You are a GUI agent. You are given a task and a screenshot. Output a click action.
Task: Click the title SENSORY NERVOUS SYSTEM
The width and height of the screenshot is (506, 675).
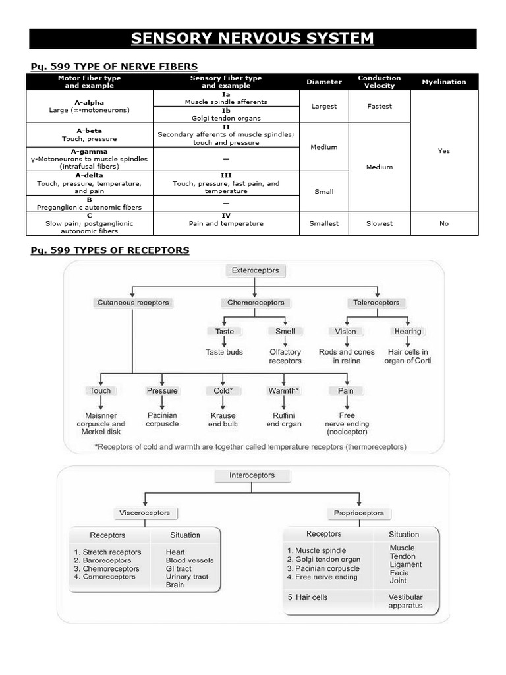click(x=252, y=38)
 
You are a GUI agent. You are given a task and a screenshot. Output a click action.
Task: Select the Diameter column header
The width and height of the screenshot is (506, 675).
click(x=324, y=82)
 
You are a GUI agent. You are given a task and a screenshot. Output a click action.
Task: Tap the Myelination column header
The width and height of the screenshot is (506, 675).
click(x=443, y=82)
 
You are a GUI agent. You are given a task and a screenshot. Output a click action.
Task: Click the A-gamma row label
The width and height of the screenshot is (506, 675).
click(x=90, y=152)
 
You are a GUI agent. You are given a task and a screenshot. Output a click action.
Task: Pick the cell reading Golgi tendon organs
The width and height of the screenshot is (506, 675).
click(x=226, y=118)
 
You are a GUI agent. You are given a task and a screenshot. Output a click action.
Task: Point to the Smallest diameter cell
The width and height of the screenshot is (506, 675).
click(x=324, y=223)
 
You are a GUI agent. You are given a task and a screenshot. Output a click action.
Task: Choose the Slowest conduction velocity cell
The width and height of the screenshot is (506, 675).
click(x=379, y=223)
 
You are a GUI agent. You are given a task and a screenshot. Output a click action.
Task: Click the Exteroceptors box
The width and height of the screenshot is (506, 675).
click(x=255, y=270)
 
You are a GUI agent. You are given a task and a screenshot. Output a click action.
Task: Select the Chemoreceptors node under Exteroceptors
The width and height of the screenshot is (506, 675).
click(x=255, y=303)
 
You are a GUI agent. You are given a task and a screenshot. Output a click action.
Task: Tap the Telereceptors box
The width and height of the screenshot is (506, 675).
click(x=376, y=303)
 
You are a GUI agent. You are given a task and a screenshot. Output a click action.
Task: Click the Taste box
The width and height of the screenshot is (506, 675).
click(x=224, y=331)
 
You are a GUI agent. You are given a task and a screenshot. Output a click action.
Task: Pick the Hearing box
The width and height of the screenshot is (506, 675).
click(x=407, y=331)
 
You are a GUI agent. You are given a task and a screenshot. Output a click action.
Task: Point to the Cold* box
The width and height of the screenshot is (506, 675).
click(x=223, y=390)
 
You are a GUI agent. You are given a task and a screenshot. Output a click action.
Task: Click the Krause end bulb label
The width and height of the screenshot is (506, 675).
click(x=223, y=420)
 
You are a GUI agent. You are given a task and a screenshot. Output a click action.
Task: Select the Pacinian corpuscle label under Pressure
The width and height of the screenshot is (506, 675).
click(x=162, y=420)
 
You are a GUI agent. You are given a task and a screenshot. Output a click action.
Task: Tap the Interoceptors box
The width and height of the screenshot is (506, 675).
click(x=252, y=475)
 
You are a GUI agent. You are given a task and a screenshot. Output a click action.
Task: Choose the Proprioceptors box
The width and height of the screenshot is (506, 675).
click(x=359, y=512)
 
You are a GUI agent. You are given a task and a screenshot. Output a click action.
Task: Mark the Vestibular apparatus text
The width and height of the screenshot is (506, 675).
click(x=406, y=601)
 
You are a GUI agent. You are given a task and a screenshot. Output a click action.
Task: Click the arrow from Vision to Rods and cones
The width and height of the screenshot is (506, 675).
click(x=346, y=341)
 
